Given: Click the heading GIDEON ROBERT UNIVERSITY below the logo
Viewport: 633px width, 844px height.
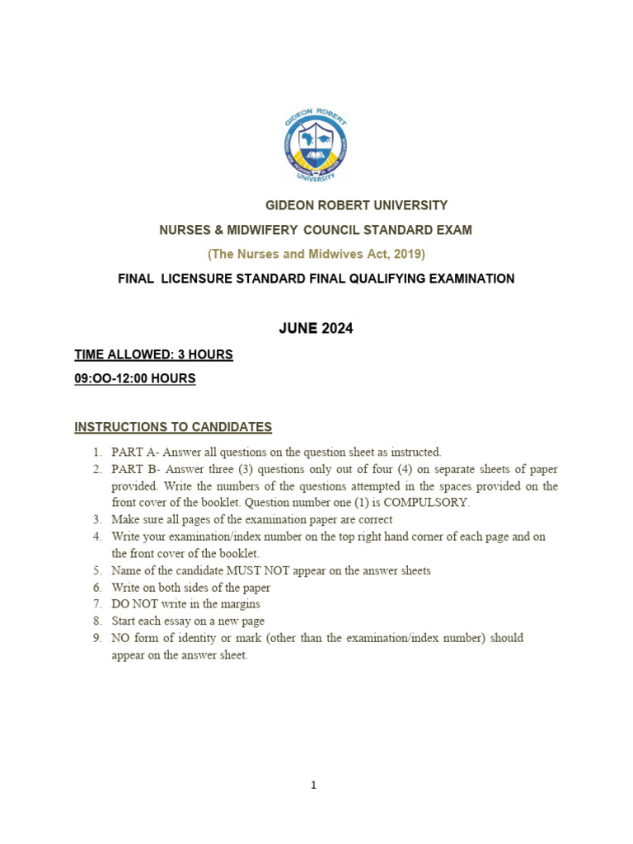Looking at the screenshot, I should point(355,205).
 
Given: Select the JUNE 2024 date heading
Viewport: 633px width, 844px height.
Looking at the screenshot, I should point(316,328).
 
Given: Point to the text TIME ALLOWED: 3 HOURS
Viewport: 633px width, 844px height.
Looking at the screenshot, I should point(153,354).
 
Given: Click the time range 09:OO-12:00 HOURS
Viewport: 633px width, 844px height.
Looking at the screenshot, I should point(135,379).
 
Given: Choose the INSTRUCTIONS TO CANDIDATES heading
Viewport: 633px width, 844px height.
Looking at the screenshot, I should point(173,427).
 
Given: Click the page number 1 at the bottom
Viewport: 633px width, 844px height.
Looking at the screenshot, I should point(314,785).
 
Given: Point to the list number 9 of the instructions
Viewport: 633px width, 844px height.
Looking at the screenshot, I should point(96,638).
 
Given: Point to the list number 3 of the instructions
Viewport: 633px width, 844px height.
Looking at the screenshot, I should point(96,519).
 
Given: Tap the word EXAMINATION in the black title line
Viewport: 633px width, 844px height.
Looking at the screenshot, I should point(466,279).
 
